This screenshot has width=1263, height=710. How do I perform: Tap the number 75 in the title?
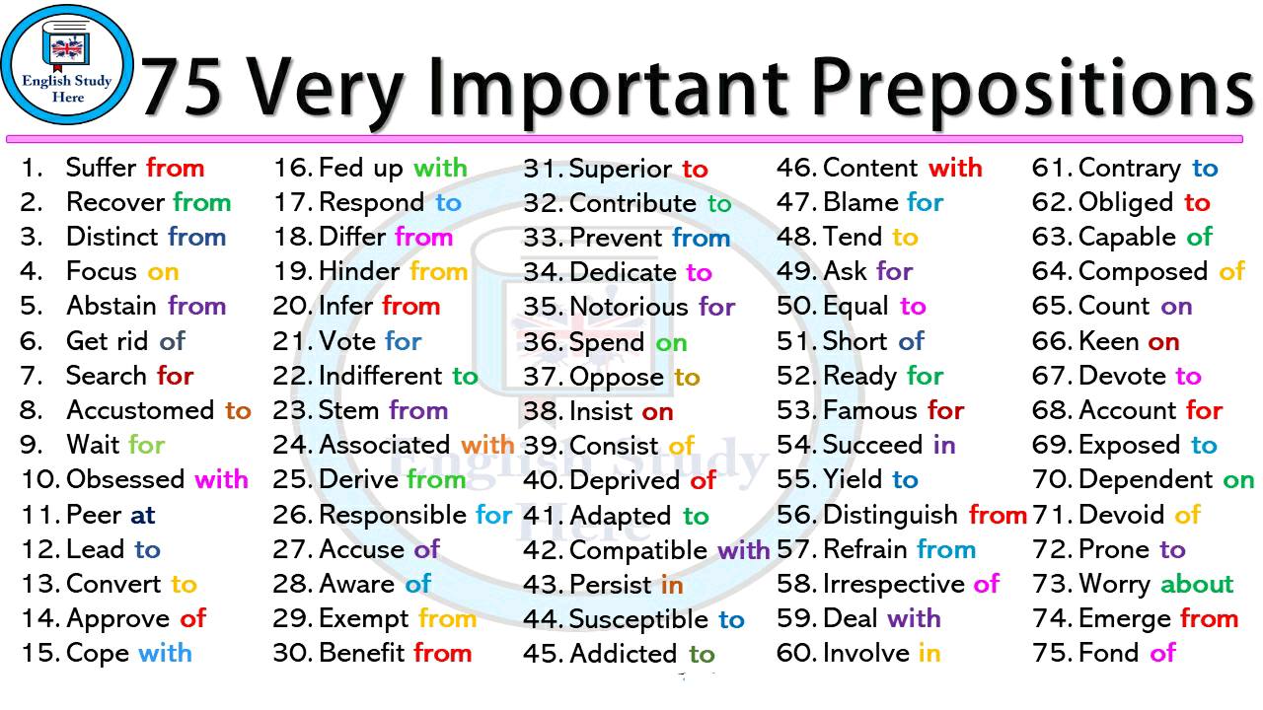pyautogui.click(x=186, y=86)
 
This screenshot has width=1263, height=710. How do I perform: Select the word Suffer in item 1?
pyautogui.click(x=102, y=168)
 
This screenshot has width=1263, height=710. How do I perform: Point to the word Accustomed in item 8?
pyautogui.click(x=141, y=410)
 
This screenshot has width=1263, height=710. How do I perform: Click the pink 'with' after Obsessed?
pyautogui.click(x=221, y=480)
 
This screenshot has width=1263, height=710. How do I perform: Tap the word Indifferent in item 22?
pyautogui.click(x=381, y=376)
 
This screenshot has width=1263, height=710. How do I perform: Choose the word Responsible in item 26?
pyautogui.click(x=393, y=515)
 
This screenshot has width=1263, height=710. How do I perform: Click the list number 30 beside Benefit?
pyautogui.click(x=293, y=654)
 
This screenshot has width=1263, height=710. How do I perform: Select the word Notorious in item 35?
pyautogui.click(x=629, y=307)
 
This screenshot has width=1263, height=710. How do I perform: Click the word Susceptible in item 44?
pyautogui.click(x=638, y=620)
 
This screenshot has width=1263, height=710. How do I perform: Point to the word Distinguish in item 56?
pyautogui.click(x=890, y=515)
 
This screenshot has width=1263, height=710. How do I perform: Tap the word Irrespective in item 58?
pyautogui.click(x=893, y=585)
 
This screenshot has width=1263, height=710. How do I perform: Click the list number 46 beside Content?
pyautogui.click(x=795, y=168)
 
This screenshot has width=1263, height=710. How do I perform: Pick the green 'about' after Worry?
pyautogui.click(x=1197, y=585)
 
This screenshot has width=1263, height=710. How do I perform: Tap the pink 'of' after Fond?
pyautogui.click(x=1163, y=653)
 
